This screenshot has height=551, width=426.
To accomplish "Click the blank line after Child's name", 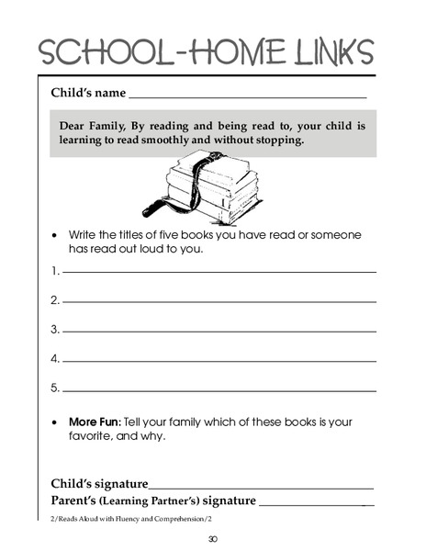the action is [248, 96].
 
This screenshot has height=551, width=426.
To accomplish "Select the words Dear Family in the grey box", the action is [95, 125].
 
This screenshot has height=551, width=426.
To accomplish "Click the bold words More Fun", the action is [95, 422].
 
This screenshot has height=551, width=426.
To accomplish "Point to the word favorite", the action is [92, 436].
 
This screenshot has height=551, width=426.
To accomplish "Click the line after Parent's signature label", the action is [317, 505].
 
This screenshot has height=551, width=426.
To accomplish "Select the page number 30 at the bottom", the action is [213, 539].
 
